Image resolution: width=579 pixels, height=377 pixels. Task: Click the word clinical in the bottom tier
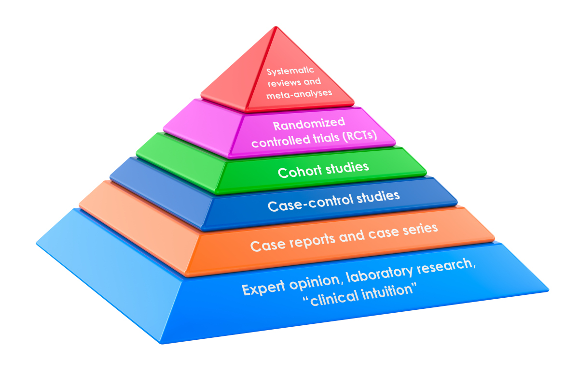(329, 299)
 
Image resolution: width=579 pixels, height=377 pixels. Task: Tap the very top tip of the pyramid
(276, 28)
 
